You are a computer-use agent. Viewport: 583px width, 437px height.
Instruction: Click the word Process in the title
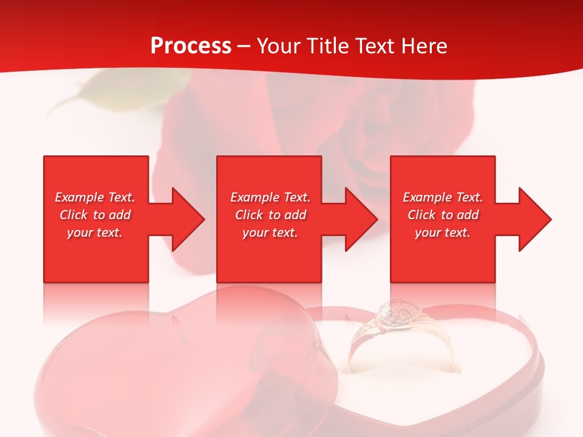(x=191, y=46)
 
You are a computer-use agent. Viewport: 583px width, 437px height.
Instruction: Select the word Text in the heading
(x=375, y=46)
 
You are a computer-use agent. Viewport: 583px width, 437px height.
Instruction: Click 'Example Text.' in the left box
(x=95, y=197)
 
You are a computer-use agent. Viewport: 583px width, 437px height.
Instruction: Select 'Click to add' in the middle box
(x=270, y=215)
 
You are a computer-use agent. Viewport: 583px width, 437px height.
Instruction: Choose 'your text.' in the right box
(x=443, y=232)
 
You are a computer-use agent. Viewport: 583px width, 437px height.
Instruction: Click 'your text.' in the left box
(x=95, y=232)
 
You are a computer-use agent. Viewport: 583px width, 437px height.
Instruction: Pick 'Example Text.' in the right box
(x=443, y=197)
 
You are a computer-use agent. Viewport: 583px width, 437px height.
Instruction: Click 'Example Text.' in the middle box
(x=270, y=197)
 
